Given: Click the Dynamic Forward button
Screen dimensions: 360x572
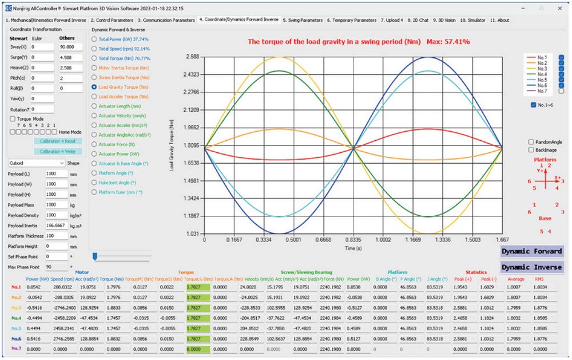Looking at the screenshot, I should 531,251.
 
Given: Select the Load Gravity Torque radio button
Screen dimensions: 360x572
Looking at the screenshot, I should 94,87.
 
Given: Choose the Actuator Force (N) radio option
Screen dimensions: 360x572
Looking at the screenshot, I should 94,144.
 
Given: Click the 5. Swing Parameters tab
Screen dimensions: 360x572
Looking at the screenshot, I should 303,19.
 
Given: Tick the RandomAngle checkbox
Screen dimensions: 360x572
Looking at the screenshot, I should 531,141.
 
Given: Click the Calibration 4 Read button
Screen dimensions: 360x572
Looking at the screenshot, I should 58,141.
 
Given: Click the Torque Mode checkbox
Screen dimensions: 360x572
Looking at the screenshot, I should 12,118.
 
